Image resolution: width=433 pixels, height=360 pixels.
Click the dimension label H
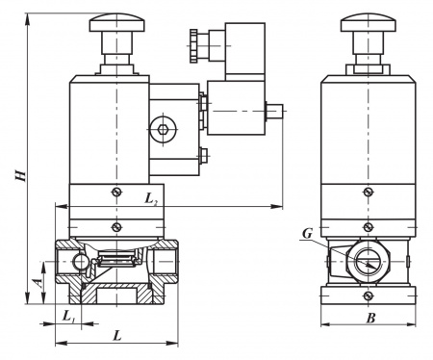point(21,175)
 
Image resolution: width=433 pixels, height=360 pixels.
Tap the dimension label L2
point(151,199)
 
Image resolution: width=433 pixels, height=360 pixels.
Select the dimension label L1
point(68,317)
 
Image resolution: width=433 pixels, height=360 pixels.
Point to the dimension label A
point(38,282)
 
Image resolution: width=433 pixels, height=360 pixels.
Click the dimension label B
point(370,319)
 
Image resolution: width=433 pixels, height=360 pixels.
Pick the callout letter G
point(307,234)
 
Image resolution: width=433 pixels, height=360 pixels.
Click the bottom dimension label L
point(117,336)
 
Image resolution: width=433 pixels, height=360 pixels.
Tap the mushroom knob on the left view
point(116,22)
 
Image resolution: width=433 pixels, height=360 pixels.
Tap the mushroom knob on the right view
point(369,22)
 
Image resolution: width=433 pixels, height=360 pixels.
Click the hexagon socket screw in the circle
point(164,129)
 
